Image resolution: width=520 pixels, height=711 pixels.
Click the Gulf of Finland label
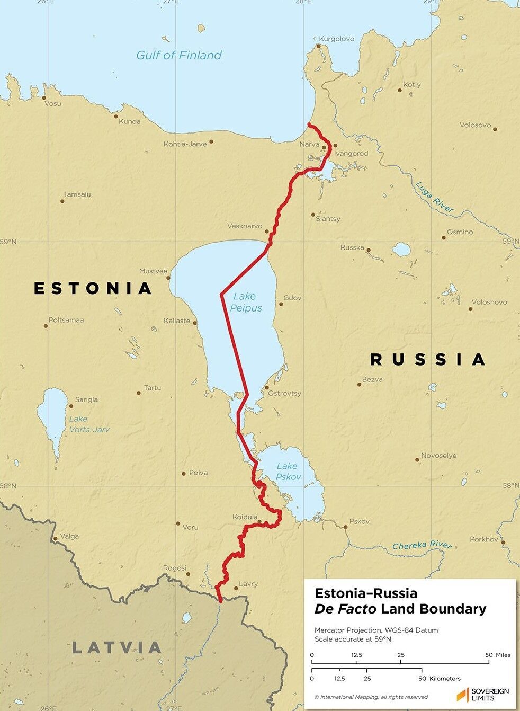tap(178, 55)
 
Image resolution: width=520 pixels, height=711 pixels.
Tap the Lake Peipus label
tap(245, 302)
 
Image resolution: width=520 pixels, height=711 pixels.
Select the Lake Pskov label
tap(288, 471)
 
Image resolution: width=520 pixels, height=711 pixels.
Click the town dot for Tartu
tap(139, 393)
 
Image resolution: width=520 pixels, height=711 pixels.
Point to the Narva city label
tap(310, 144)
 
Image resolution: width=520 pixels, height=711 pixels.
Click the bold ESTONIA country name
tap(93, 288)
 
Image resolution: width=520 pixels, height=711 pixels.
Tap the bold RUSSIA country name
tap(427, 360)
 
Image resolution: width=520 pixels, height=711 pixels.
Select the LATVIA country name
tap(116, 647)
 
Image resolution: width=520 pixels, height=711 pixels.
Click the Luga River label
tap(434, 197)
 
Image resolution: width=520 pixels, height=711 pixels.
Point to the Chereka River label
tap(422, 545)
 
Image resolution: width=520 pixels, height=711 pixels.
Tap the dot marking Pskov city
tap(345, 527)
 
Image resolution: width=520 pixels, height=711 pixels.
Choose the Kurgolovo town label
tap(337, 39)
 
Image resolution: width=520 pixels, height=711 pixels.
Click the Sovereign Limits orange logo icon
tap(462, 694)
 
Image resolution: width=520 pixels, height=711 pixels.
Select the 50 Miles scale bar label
tap(499, 655)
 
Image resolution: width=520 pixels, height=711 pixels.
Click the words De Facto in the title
tap(345, 609)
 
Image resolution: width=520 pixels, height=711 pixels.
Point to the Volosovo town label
tap(475, 125)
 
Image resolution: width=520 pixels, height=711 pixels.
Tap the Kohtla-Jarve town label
tap(185, 144)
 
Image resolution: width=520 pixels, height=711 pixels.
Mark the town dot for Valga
tap(55, 539)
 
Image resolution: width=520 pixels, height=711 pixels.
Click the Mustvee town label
tap(153, 271)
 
